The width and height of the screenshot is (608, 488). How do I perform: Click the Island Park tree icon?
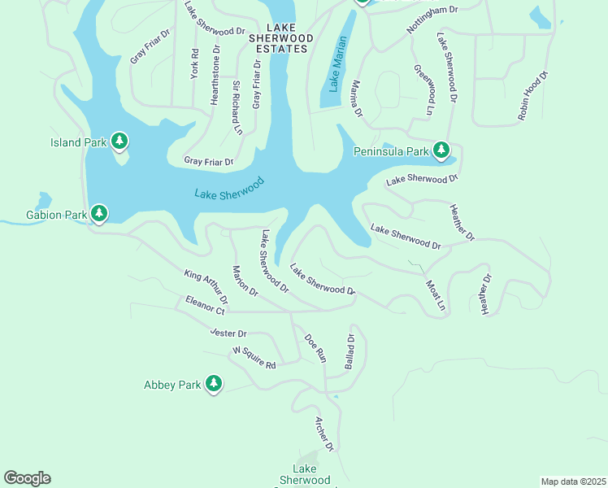click(x=119, y=142)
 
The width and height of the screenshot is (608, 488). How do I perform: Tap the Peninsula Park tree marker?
click(x=441, y=150)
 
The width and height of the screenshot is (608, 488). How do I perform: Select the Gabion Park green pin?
click(x=99, y=214)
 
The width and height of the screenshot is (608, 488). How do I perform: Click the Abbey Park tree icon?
click(x=214, y=384)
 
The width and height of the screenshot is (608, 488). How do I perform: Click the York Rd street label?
click(x=195, y=64)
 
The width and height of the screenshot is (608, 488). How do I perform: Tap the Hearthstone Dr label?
click(x=215, y=75)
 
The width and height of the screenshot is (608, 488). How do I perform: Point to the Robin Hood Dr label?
click(x=533, y=96)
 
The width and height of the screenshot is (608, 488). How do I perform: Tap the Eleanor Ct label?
click(x=204, y=305)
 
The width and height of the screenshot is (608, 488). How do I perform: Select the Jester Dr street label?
click(x=228, y=333)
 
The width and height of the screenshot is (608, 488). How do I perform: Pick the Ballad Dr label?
click(x=350, y=351)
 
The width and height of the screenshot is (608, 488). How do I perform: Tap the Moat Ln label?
click(x=436, y=295)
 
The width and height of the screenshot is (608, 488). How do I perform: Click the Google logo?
click(x=27, y=478)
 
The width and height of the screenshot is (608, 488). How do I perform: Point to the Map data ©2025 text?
click(x=573, y=481)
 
